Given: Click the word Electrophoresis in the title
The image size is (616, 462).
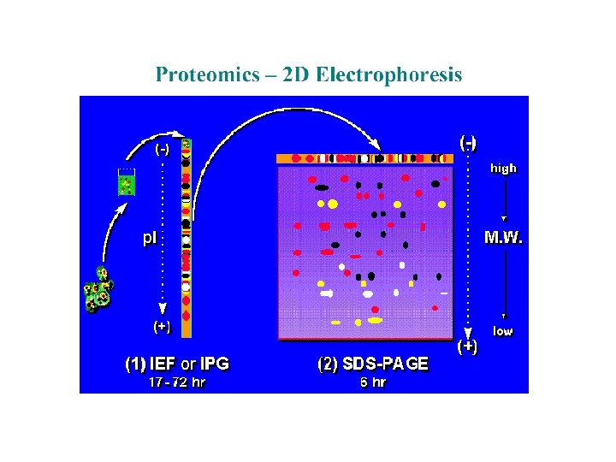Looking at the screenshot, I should [388, 75].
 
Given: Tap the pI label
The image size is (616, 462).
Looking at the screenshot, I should [150, 238].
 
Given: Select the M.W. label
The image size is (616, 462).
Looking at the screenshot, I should [504, 237].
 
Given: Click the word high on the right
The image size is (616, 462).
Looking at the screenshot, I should [503, 169].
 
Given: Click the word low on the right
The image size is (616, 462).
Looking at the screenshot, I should [502, 331].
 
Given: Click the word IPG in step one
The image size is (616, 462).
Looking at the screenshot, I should [213, 364].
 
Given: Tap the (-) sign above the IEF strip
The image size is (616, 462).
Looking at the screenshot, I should [162, 149].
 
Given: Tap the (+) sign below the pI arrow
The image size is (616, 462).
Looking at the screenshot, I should [161, 326].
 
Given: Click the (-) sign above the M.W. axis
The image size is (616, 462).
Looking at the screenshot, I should [468, 142].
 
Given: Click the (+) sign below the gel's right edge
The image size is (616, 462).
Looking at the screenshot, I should [467, 346].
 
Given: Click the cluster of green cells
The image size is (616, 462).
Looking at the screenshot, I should [98, 290].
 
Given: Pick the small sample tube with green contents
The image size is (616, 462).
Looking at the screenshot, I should [127, 181].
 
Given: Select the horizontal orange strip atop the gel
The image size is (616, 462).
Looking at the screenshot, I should [364, 158].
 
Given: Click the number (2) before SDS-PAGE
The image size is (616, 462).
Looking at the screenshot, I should [327, 364].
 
